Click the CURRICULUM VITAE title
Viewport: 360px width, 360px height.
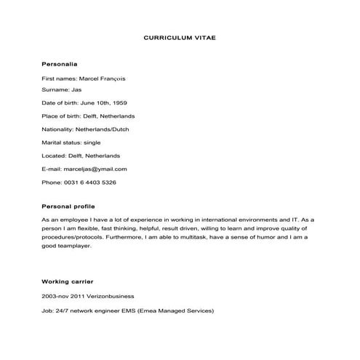pyautogui.click(x=180, y=36)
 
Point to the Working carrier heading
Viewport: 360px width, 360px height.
pyautogui.click(x=67, y=281)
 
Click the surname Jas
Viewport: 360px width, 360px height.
pyautogui.click(x=77, y=89)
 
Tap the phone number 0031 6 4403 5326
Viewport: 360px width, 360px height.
pyautogui.click(x=89, y=182)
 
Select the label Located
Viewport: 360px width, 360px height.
pyautogui.click(x=53, y=156)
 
